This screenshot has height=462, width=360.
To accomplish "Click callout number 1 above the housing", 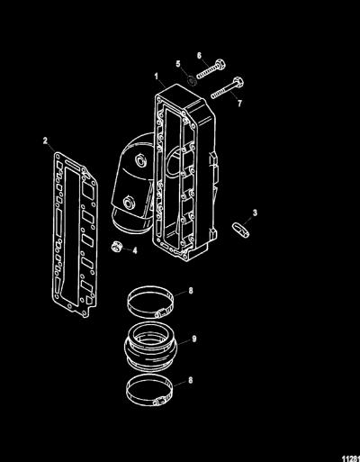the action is (157, 76).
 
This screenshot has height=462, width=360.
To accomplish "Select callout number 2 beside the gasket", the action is (45, 140).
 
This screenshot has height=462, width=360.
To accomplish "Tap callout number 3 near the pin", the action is (255, 213).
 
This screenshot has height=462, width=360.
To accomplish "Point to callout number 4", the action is (135, 250).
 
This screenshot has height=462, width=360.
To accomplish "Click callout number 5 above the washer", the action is (178, 64).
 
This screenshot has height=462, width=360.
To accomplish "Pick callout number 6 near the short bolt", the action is (199, 56).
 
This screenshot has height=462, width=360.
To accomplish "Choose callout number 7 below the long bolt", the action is (239, 104).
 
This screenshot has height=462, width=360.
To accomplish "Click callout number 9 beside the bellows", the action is (194, 339).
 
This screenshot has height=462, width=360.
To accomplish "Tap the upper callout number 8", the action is (191, 291).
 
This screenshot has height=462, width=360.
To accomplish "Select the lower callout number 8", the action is (190, 380).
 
